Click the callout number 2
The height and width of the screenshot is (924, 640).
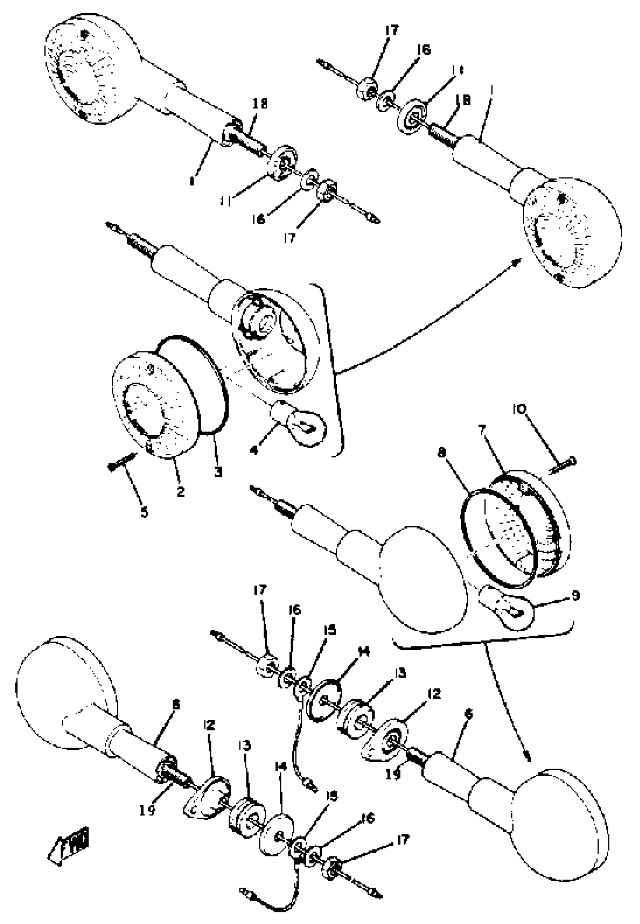pos(181,492)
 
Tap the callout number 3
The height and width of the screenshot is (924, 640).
pos(217,472)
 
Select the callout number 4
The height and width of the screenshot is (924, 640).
pos(253,450)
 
